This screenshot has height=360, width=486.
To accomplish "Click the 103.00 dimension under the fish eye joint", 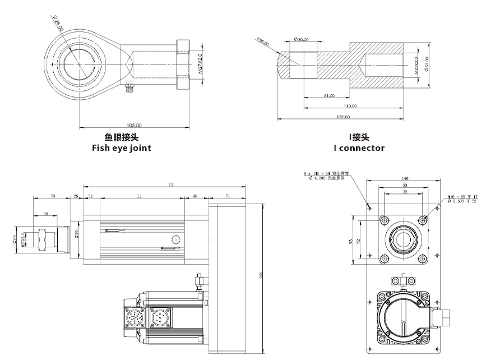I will (x=134, y=125).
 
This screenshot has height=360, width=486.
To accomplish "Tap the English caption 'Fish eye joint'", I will (x=121, y=148).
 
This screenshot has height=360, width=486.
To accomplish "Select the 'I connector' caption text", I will (x=359, y=148).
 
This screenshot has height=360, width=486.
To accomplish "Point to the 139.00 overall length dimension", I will (x=342, y=117).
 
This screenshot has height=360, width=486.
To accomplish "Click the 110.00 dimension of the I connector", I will (x=350, y=106).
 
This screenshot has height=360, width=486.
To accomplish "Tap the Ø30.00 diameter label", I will (x=302, y=40).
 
